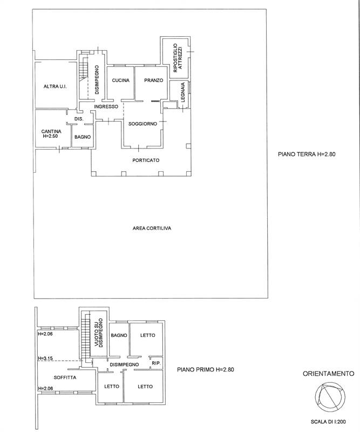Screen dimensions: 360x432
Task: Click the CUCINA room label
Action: click(121, 80)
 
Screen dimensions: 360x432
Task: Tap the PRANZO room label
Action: click(154, 80)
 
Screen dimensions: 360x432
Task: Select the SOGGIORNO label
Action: click(142, 124)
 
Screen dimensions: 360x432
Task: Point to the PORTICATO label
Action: click(146, 160)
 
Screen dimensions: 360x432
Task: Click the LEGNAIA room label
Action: click(183, 92)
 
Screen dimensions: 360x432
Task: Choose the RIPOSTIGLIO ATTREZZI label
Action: click(178, 58)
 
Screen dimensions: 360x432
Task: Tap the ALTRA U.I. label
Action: click(55, 86)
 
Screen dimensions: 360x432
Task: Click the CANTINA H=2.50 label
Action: click(51, 133)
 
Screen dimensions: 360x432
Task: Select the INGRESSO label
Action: click(106, 106)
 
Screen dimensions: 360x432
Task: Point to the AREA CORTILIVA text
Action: click(152, 228)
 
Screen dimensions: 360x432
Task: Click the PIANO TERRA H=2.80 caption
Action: click(307, 154)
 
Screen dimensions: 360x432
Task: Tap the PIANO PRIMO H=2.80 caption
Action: click(206, 369)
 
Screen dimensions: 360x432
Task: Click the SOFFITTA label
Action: click(65, 377)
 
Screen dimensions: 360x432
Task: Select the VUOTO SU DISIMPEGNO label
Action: click(98, 333)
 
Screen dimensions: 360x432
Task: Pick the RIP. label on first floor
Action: click(156, 363)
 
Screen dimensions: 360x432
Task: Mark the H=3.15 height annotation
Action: click(45, 359)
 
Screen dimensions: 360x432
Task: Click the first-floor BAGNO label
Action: click(119, 335)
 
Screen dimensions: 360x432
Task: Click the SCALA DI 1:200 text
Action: click(328, 422)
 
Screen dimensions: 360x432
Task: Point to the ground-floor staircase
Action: click(83, 71)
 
